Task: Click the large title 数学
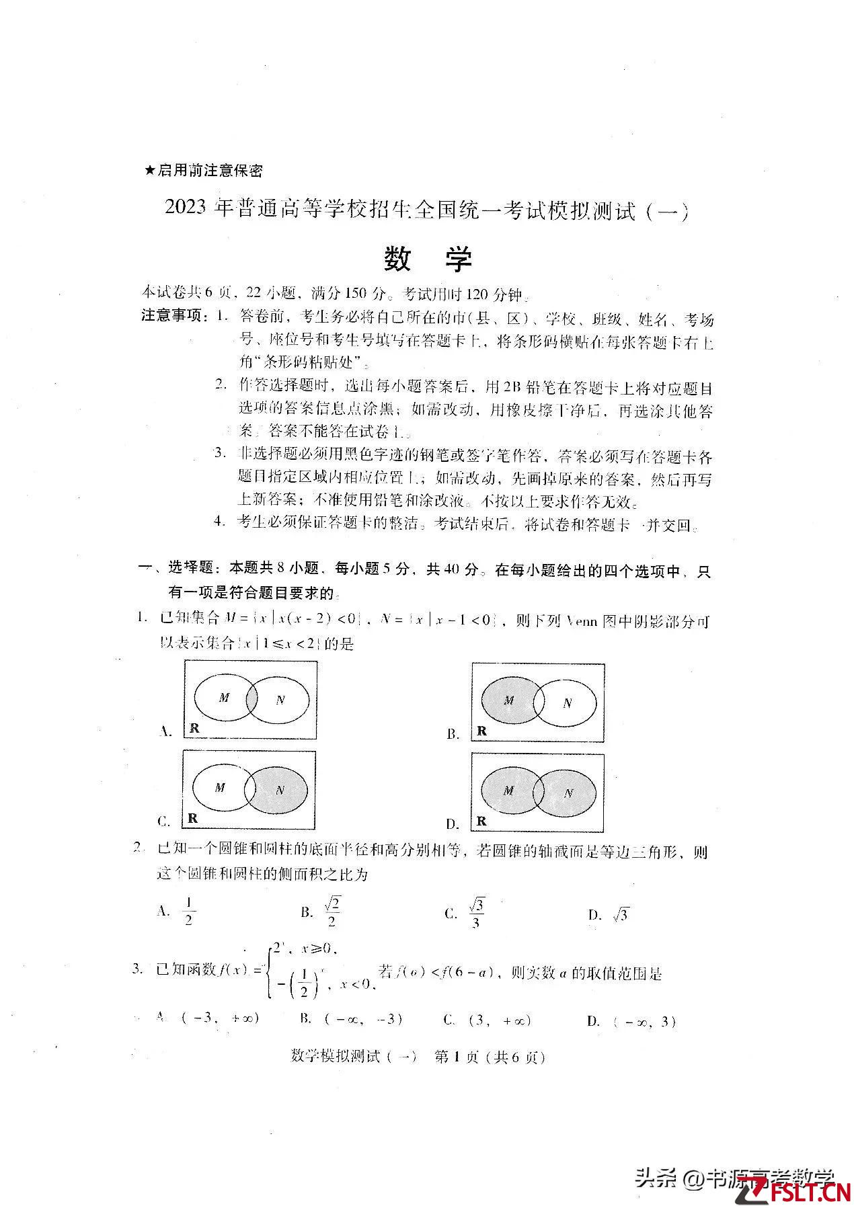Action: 428,259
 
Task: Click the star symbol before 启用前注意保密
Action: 149,171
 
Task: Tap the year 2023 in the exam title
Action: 187,210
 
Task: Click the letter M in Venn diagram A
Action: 224,698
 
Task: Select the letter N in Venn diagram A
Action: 280,700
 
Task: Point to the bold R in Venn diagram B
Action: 481,731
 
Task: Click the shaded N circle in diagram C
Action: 279,790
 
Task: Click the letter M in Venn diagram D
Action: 508,791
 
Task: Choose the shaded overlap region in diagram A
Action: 251,699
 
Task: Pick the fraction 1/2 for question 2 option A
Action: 188,912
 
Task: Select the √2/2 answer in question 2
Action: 332,912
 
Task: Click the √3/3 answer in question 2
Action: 475,913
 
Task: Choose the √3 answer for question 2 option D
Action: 620,915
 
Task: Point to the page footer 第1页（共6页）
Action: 489,1057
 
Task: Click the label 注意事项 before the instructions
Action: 171,315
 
